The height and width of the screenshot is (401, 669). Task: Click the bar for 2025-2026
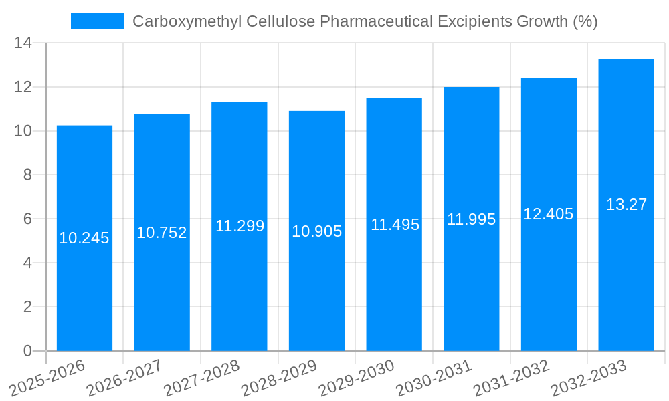click(x=84, y=281)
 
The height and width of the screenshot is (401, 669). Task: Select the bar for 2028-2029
click(x=316, y=281)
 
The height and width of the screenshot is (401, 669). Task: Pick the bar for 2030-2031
click(x=471, y=281)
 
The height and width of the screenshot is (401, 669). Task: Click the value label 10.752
click(x=162, y=233)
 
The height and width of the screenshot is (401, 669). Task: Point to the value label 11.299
click(x=240, y=226)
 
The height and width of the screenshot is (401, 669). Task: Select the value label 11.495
click(x=395, y=225)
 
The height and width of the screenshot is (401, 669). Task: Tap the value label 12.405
click(x=549, y=214)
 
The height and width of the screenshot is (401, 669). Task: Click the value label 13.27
click(x=626, y=205)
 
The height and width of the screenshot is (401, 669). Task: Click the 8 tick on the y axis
click(x=27, y=175)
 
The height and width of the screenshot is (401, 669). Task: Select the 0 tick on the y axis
click(x=27, y=351)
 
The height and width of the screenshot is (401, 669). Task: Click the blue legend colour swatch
click(x=98, y=21)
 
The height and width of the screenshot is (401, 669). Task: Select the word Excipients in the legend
click(x=476, y=21)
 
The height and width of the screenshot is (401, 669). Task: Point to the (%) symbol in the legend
click(x=585, y=21)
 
